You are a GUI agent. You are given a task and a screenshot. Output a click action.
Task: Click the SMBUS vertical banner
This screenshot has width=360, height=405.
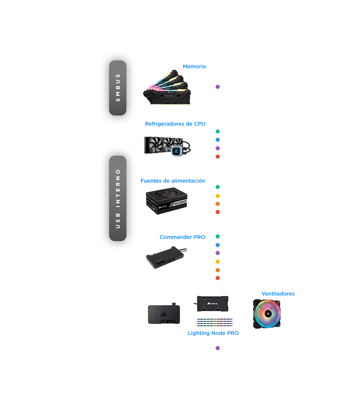[118, 88]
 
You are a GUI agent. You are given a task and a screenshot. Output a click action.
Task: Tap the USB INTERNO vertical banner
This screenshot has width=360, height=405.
[118, 198]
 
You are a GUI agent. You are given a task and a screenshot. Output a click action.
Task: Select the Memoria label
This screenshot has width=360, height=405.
[194, 66]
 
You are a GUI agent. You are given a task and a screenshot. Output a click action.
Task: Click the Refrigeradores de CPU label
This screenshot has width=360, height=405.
[175, 124]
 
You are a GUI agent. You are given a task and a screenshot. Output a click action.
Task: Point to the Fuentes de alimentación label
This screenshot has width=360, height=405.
[173, 181]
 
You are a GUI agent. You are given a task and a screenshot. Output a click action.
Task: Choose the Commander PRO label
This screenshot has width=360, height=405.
[182, 237]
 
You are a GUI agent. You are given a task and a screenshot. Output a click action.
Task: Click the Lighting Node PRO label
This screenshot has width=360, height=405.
[213, 333]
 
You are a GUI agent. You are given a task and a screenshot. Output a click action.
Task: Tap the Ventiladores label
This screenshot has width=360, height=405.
[278, 294]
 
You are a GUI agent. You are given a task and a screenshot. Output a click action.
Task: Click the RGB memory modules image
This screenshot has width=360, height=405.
[167, 87]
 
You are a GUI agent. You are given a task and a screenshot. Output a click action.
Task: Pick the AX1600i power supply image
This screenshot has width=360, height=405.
[167, 201]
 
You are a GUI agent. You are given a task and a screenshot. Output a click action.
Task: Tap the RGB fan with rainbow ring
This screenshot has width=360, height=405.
[267, 314]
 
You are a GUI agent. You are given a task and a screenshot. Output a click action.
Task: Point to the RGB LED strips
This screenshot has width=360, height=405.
[214, 322]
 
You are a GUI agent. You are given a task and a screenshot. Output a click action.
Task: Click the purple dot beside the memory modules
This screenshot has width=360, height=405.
[218, 87]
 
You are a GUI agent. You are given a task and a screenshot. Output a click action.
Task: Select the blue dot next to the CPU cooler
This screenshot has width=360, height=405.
[218, 140]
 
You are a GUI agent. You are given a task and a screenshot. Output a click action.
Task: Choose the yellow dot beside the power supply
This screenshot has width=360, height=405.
[218, 196]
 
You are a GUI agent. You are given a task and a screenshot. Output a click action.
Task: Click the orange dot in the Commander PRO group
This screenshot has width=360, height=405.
[218, 270]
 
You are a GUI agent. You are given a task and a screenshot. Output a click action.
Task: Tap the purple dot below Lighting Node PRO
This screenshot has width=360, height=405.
[218, 348]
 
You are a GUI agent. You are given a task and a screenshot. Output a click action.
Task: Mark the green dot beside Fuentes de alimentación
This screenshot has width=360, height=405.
[218, 187]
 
